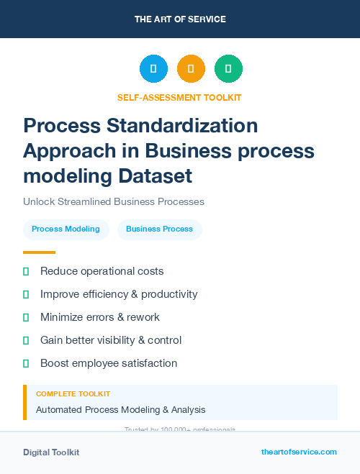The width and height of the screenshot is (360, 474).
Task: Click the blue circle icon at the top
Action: [x=153, y=68]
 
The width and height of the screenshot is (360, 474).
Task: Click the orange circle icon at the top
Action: [x=191, y=68]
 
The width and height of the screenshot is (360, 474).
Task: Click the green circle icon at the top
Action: [x=228, y=68]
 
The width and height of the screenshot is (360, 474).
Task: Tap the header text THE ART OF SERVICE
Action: [x=180, y=19]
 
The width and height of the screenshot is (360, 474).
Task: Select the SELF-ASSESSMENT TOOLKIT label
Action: [x=179, y=97]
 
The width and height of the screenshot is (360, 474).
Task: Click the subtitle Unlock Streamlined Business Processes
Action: [x=114, y=201]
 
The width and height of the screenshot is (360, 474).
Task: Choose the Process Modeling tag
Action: [x=66, y=229]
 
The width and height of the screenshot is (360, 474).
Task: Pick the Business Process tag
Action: [x=159, y=229]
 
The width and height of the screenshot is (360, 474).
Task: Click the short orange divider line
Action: [x=39, y=252]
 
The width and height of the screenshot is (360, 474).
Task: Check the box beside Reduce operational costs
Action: [x=26, y=271]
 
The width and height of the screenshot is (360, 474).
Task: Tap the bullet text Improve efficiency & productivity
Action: [x=119, y=294]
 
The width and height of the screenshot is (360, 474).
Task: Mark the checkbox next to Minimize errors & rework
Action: [x=26, y=317]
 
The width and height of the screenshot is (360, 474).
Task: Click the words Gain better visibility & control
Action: [x=111, y=340]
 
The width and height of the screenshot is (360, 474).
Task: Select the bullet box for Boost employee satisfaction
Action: [x=26, y=363]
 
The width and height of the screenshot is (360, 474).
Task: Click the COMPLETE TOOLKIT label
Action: [x=73, y=394]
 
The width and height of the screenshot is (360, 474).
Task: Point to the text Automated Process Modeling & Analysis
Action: [x=121, y=409]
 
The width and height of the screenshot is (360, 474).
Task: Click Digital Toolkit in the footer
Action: [x=51, y=452]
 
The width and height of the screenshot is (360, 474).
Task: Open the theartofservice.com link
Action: [x=299, y=452]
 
